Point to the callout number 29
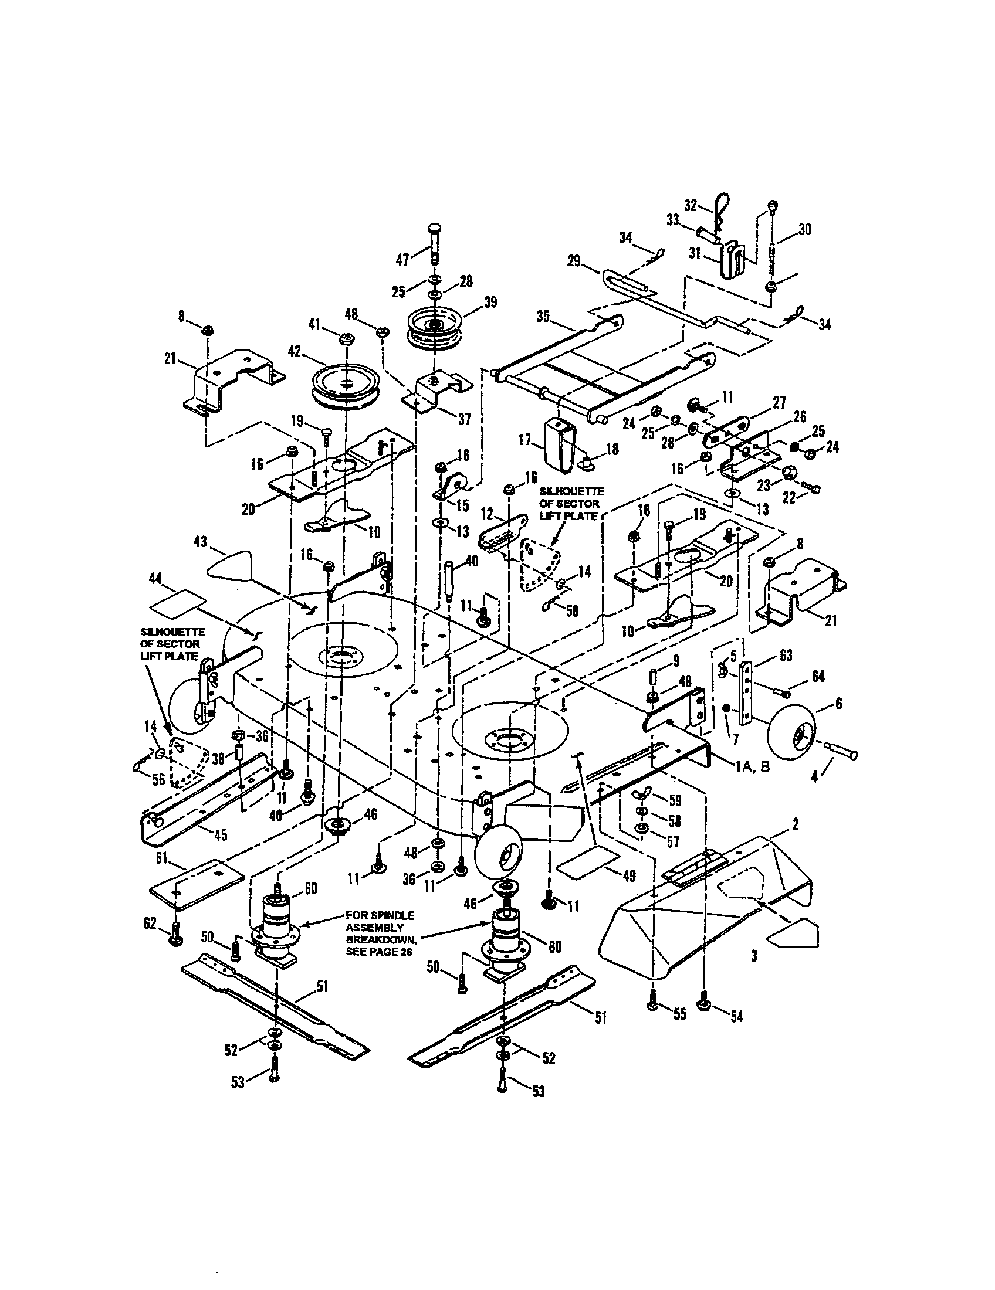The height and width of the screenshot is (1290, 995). coord(574,260)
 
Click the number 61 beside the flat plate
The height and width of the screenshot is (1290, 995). coord(162,858)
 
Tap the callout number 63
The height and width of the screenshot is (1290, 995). coord(786,656)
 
